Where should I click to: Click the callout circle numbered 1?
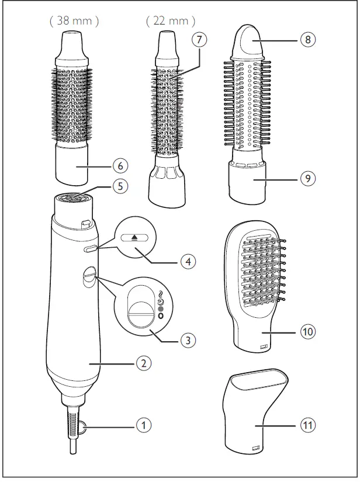tap(141, 425)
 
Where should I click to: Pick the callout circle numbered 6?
tap(120, 166)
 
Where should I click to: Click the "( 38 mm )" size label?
tap(74, 22)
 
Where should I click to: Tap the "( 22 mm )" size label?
tap(171, 22)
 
